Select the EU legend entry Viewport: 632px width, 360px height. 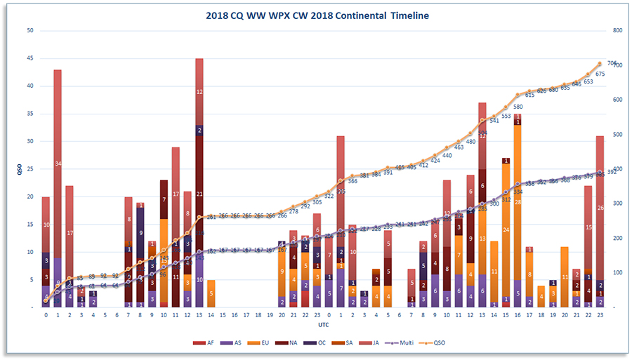click(269, 342)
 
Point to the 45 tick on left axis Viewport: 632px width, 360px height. click(29, 58)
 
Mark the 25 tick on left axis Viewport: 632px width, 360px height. click(29, 169)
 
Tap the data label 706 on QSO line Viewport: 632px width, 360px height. click(612, 63)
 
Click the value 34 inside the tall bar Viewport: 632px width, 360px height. click(58, 164)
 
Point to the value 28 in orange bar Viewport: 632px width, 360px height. click(518, 202)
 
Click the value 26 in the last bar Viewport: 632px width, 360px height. click(600, 208)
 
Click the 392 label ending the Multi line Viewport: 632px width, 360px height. click(612, 172)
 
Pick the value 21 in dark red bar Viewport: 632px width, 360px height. click(199, 194)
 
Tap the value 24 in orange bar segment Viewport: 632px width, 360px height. click(506, 229)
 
